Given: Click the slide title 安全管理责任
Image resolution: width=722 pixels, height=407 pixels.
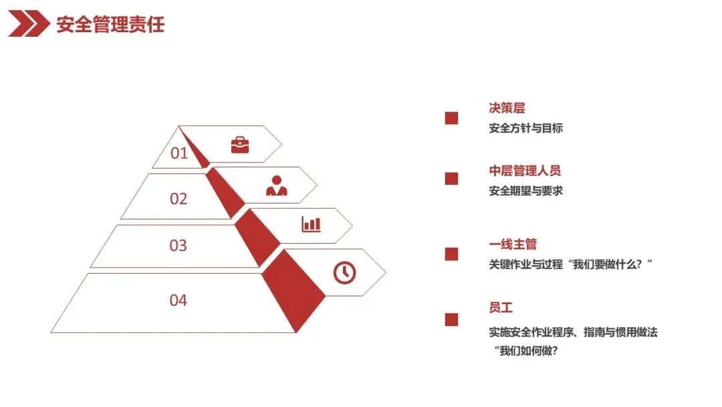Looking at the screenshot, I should pyautogui.click(x=110, y=25).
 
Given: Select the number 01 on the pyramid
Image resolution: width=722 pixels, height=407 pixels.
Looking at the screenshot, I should pyautogui.click(x=179, y=153).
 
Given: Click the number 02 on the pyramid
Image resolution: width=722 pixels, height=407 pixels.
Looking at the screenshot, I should pyautogui.click(x=178, y=199).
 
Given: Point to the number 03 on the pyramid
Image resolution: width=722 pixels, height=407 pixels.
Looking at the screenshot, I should pyautogui.click(x=178, y=246).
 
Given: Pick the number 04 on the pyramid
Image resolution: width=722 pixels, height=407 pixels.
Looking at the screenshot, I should pyautogui.click(x=178, y=300).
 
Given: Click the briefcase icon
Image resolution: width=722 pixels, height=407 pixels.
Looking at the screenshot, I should pyautogui.click(x=239, y=145).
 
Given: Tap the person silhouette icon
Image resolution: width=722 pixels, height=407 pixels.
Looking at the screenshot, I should pyautogui.click(x=276, y=185).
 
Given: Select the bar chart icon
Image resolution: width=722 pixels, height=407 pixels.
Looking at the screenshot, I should pyautogui.click(x=311, y=224).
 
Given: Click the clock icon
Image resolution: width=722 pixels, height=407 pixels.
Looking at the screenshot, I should pyautogui.click(x=344, y=272).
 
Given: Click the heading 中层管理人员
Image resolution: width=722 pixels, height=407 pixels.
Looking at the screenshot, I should pyautogui.click(x=525, y=171).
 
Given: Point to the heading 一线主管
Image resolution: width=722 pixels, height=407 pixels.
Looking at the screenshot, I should pyautogui.click(x=513, y=245).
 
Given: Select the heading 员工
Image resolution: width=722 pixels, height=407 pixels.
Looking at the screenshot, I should pyautogui.click(x=501, y=308).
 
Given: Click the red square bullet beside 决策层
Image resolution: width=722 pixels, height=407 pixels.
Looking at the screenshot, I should pyautogui.click(x=451, y=118).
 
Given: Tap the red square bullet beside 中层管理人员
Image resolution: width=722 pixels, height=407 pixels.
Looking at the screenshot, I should pyautogui.click(x=451, y=179).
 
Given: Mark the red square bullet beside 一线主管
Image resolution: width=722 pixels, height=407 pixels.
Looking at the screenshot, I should pyautogui.click(x=451, y=254).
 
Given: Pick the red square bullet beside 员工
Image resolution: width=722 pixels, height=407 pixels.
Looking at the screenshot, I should pyautogui.click(x=451, y=319).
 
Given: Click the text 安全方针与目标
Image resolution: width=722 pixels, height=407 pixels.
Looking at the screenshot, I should pyautogui.click(x=525, y=128).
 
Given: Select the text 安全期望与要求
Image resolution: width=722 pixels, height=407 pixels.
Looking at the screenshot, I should pyautogui.click(x=525, y=191).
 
